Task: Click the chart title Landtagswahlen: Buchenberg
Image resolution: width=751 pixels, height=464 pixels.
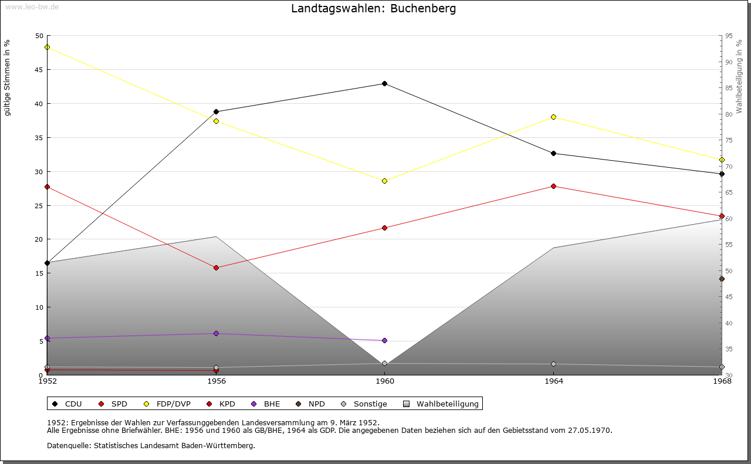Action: click(373, 9)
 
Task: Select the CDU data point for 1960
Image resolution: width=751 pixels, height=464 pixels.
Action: click(384, 83)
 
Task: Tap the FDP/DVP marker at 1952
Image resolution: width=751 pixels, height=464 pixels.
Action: click(47, 48)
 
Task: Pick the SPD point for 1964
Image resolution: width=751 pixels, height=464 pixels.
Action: click(553, 187)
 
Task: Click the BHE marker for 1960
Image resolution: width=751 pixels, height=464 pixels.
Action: click(384, 340)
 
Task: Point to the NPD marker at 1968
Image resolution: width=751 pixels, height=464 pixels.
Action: click(722, 279)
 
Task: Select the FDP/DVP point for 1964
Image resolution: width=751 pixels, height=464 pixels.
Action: click(553, 117)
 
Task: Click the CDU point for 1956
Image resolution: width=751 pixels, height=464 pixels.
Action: click(216, 111)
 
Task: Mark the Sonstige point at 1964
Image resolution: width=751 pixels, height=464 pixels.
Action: click(553, 364)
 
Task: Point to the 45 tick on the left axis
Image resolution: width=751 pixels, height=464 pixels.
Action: click(39, 70)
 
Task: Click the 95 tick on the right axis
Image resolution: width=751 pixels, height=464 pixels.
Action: click(729, 36)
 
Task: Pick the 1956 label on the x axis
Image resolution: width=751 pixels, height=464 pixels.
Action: click(216, 381)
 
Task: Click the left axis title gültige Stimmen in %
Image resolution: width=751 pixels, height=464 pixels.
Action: click(8, 77)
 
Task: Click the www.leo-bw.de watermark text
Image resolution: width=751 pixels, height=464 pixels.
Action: click(31, 6)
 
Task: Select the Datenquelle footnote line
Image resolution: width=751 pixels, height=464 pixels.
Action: click(151, 445)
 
